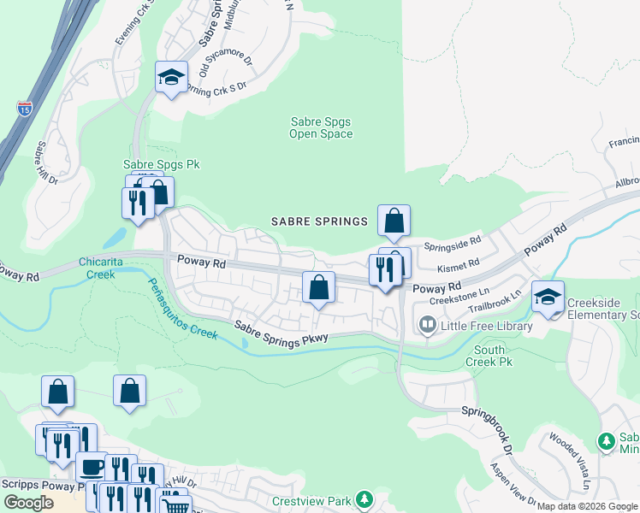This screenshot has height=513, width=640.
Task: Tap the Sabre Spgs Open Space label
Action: click(321, 128)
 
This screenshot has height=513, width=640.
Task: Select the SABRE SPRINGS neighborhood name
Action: click(319, 221)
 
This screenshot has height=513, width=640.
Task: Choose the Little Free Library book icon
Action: click(426, 325)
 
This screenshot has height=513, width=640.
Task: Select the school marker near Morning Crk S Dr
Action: click(172, 77)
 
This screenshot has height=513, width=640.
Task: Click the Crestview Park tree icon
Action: click(365, 499)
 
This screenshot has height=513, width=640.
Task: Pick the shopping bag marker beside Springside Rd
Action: click(394, 221)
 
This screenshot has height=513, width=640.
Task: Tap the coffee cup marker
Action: click(92, 467)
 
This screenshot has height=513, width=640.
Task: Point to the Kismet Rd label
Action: click(457, 268)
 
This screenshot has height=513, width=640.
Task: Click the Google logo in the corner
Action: click(28, 503)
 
